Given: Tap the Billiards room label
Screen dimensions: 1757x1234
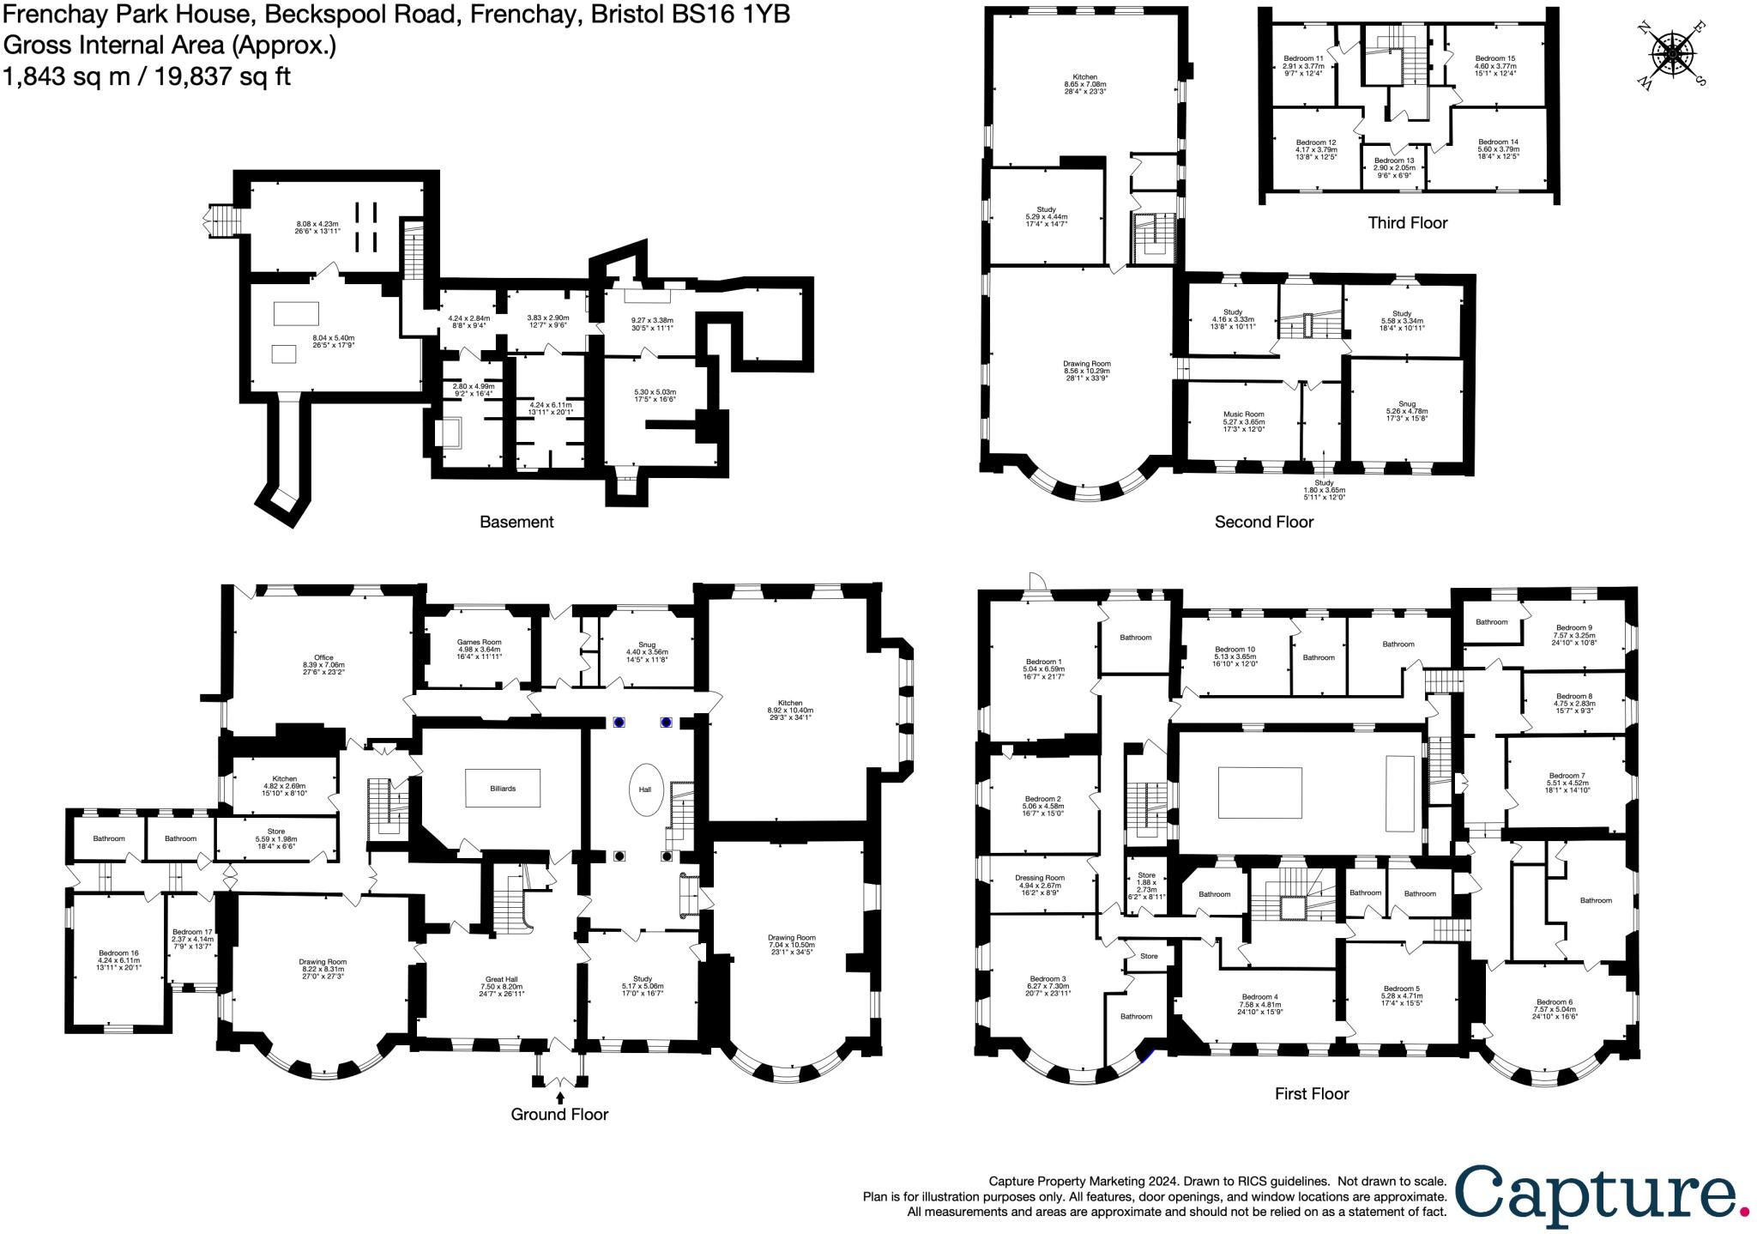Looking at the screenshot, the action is [x=503, y=788].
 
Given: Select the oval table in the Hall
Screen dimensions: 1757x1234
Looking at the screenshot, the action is [x=645, y=789].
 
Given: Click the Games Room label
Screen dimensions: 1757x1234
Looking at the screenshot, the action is [x=480, y=642].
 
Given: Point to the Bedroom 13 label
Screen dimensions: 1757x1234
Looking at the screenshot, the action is [x=1394, y=160].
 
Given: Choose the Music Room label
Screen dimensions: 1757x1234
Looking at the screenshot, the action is [x=1244, y=414].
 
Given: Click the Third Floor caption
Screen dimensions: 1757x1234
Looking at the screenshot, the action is [x=1408, y=223].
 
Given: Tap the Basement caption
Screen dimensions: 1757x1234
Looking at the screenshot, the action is [x=516, y=522].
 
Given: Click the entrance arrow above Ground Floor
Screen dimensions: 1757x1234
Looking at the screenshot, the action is [x=560, y=1097].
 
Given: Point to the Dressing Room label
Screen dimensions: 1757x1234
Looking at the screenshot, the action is [x=1040, y=878].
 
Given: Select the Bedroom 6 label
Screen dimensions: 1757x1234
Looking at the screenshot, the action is [x=1555, y=1002].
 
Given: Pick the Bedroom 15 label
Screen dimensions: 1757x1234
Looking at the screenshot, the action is [x=1495, y=58].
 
